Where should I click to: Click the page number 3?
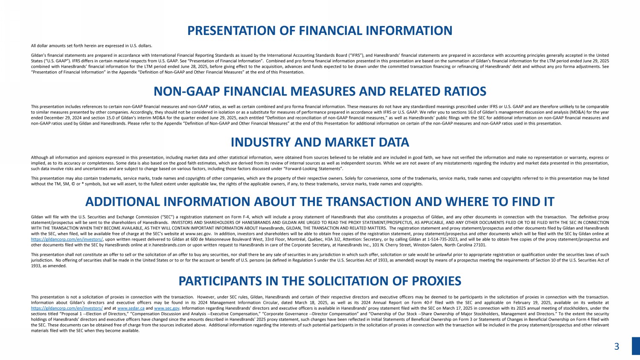(617, 347)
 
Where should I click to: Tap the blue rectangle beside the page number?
(636, 346)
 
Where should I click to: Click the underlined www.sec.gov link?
(166, 308)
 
